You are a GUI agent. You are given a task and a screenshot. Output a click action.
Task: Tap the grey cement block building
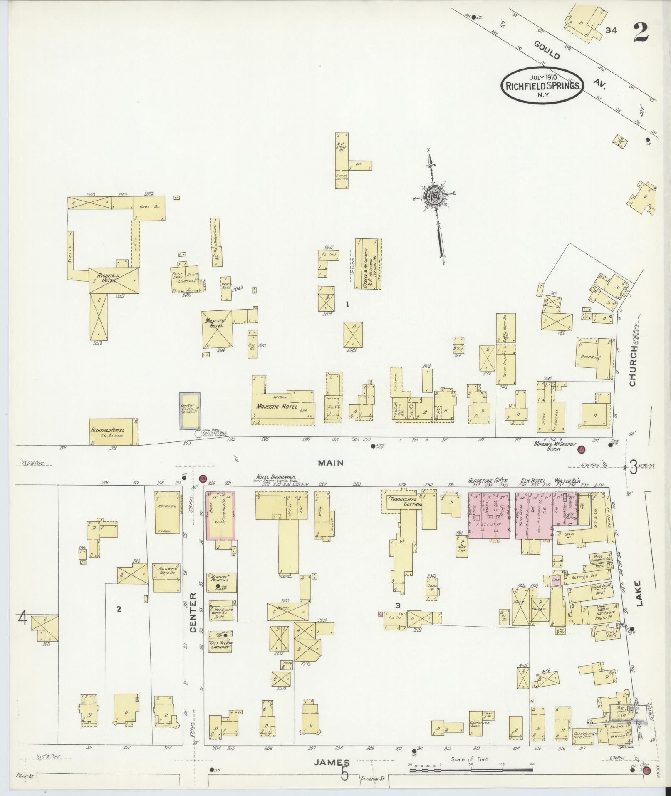coord(190,411)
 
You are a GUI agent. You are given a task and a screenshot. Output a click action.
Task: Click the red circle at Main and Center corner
coord(203,479)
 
